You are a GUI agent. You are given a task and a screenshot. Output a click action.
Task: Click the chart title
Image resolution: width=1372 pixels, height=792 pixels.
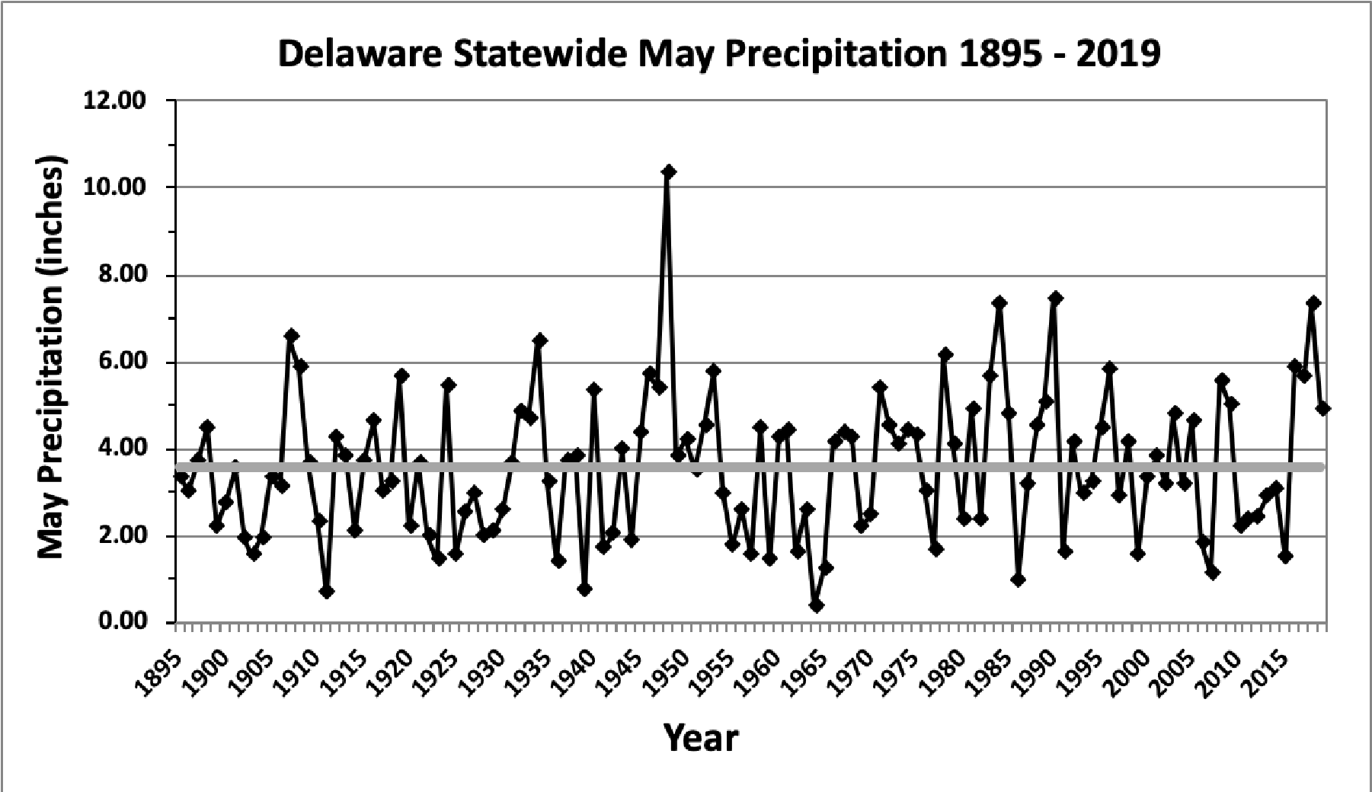tap(718, 56)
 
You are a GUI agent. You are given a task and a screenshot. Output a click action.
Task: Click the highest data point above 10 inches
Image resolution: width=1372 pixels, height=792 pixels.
tap(668, 171)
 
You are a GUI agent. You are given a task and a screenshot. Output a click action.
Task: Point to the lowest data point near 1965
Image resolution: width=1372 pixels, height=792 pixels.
tap(817, 605)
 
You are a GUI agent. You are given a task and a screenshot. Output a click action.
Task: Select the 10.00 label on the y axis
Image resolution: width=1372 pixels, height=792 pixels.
tap(117, 187)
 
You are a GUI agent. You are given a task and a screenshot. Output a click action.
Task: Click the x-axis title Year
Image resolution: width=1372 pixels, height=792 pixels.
tap(701, 738)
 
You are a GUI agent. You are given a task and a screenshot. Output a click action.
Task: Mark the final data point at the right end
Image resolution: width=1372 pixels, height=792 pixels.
tap(1322, 409)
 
